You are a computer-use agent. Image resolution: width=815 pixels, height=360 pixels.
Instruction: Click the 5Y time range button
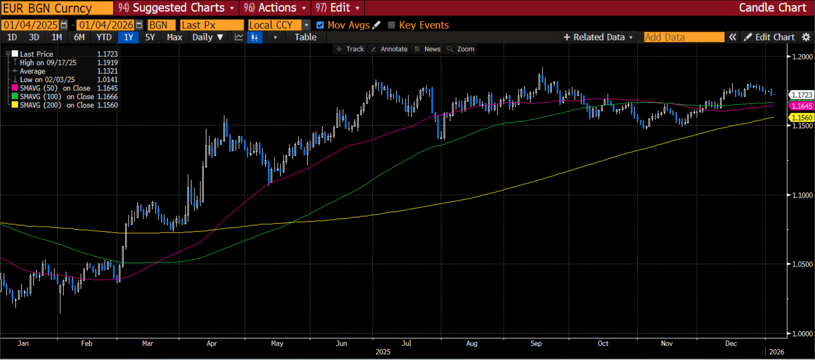pyautogui.click(x=150, y=37)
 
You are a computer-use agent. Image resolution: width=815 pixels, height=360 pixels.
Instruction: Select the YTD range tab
pyautogui.click(x=104, y=37)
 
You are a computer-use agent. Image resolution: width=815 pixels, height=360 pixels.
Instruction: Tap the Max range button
pyautogui.click(x=174, y=37)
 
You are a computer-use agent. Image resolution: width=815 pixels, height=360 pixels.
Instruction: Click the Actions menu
pyautogui.click(x=275, y=8)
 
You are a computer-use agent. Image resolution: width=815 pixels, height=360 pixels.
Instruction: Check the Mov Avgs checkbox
pyautogui.click(x=320, y=25)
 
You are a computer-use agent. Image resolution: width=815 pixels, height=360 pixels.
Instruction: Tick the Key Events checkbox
pyautogui.click(x=391, y=25)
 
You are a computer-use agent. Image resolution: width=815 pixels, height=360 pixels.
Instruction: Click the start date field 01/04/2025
pyautogui.click(x=31, y=25)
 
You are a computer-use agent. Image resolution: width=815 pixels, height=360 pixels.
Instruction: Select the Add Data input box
pyautogui.click(x=683, y=37)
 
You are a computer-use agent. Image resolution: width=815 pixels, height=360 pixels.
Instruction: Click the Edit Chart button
pyautogui.click(x=770, y=37)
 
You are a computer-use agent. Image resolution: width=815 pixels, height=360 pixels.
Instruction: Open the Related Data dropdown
pyautogui.click(x=598, y=37)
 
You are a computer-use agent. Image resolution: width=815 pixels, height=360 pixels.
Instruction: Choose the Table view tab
pyautogui.click(x=306, y=37)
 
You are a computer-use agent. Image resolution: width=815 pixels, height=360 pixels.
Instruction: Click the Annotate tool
pyautogui.click(x=390, y=49)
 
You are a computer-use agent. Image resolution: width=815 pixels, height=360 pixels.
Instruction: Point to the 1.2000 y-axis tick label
pyautogui.click(x=802, y=57)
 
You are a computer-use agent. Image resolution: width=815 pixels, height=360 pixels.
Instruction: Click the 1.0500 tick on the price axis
pyautogui.click(x=802, y=264)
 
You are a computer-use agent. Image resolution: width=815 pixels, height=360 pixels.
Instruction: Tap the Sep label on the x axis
pyautogui.click(x=536, y=343)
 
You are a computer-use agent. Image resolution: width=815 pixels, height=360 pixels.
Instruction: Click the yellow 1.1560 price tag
pyautogui.click(x=801, y=118)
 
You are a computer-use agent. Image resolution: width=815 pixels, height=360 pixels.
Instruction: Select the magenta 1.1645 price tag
pyautogui.click(x=801, y=106)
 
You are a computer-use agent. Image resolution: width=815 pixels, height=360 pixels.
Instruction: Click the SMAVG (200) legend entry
pyautogui.click(x=41, y=105)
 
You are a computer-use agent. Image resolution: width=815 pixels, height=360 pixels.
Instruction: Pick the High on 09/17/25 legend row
pyautogui.click(x=48, y=63)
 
